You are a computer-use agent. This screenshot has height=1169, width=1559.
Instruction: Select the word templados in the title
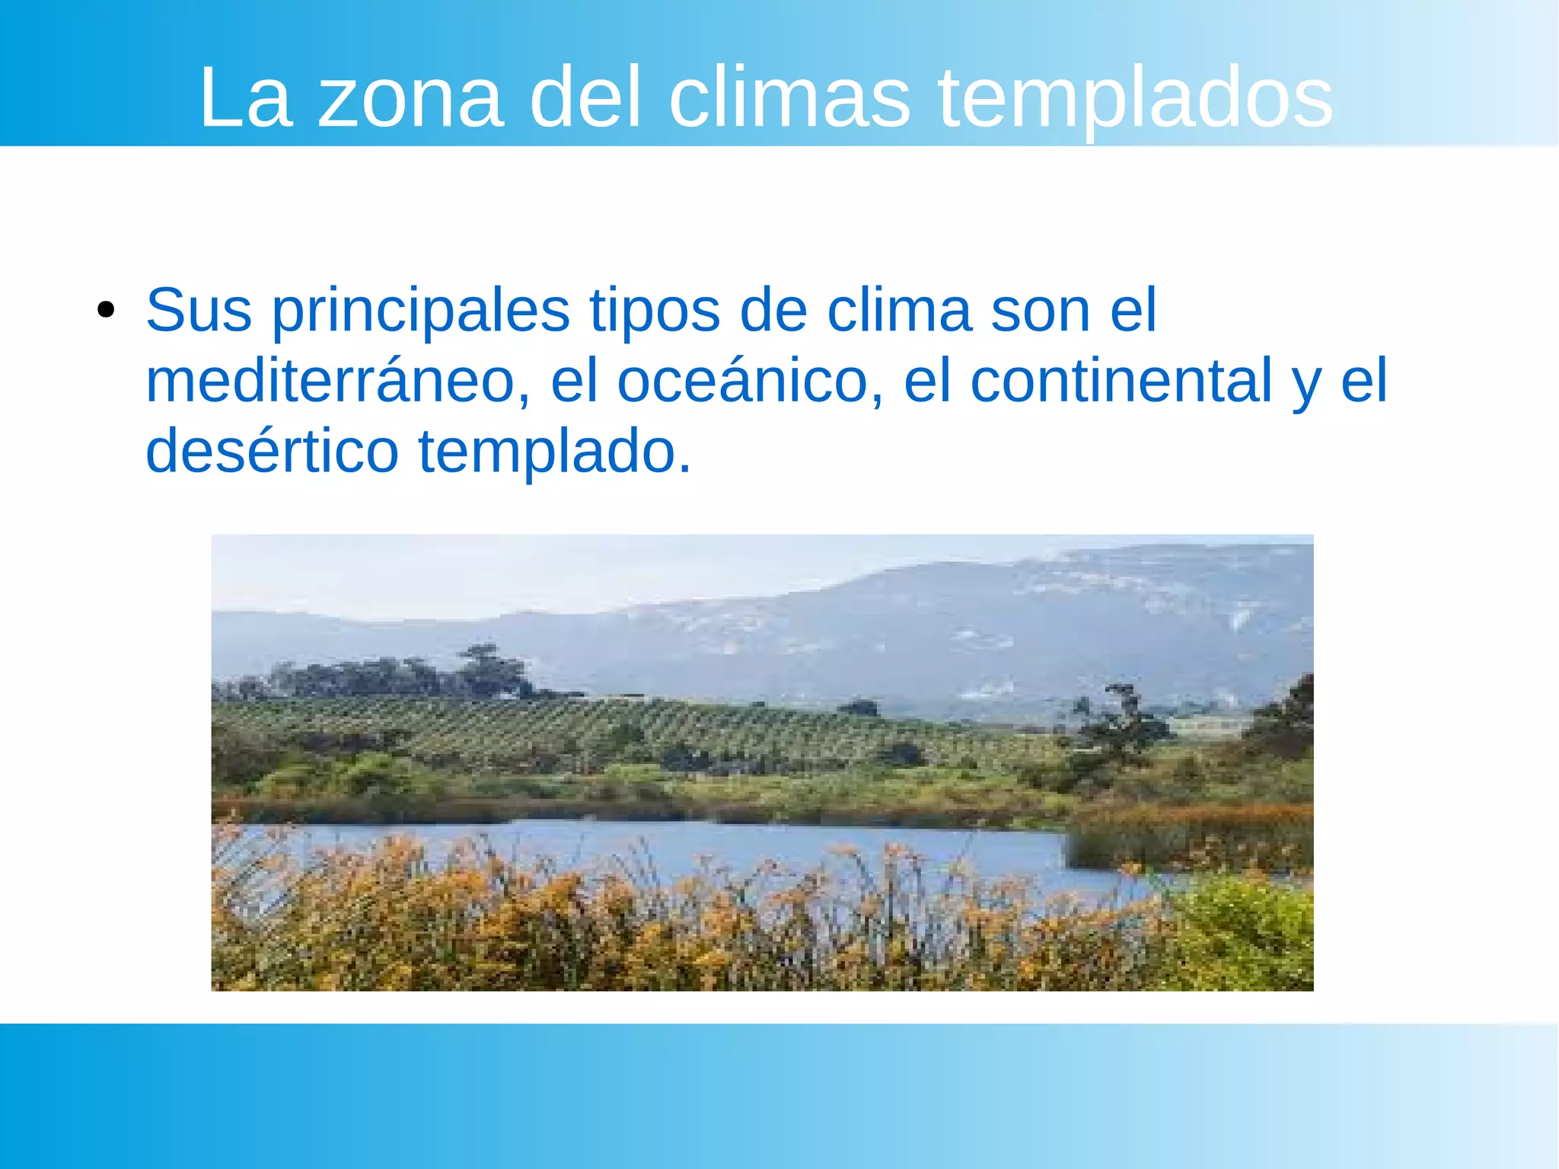1135,99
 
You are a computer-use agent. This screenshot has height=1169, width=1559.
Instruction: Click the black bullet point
106,311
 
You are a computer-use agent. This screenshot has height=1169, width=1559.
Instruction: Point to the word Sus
199,310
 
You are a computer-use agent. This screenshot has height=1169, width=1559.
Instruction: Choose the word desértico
272,451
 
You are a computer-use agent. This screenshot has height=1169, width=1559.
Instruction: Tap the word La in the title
245,99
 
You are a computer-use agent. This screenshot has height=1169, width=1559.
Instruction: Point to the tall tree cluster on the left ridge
487,670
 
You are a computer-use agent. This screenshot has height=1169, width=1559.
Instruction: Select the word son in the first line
1041,311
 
